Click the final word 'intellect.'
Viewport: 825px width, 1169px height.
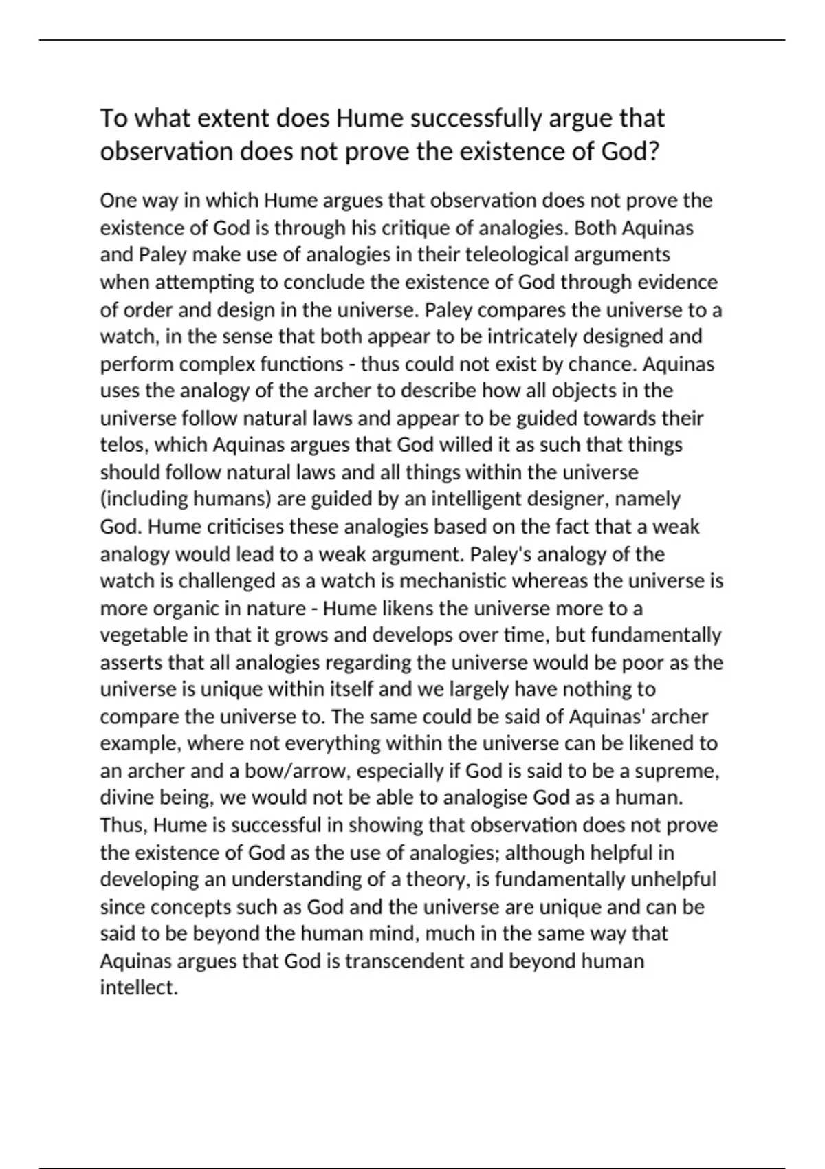(x=139, y=988)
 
